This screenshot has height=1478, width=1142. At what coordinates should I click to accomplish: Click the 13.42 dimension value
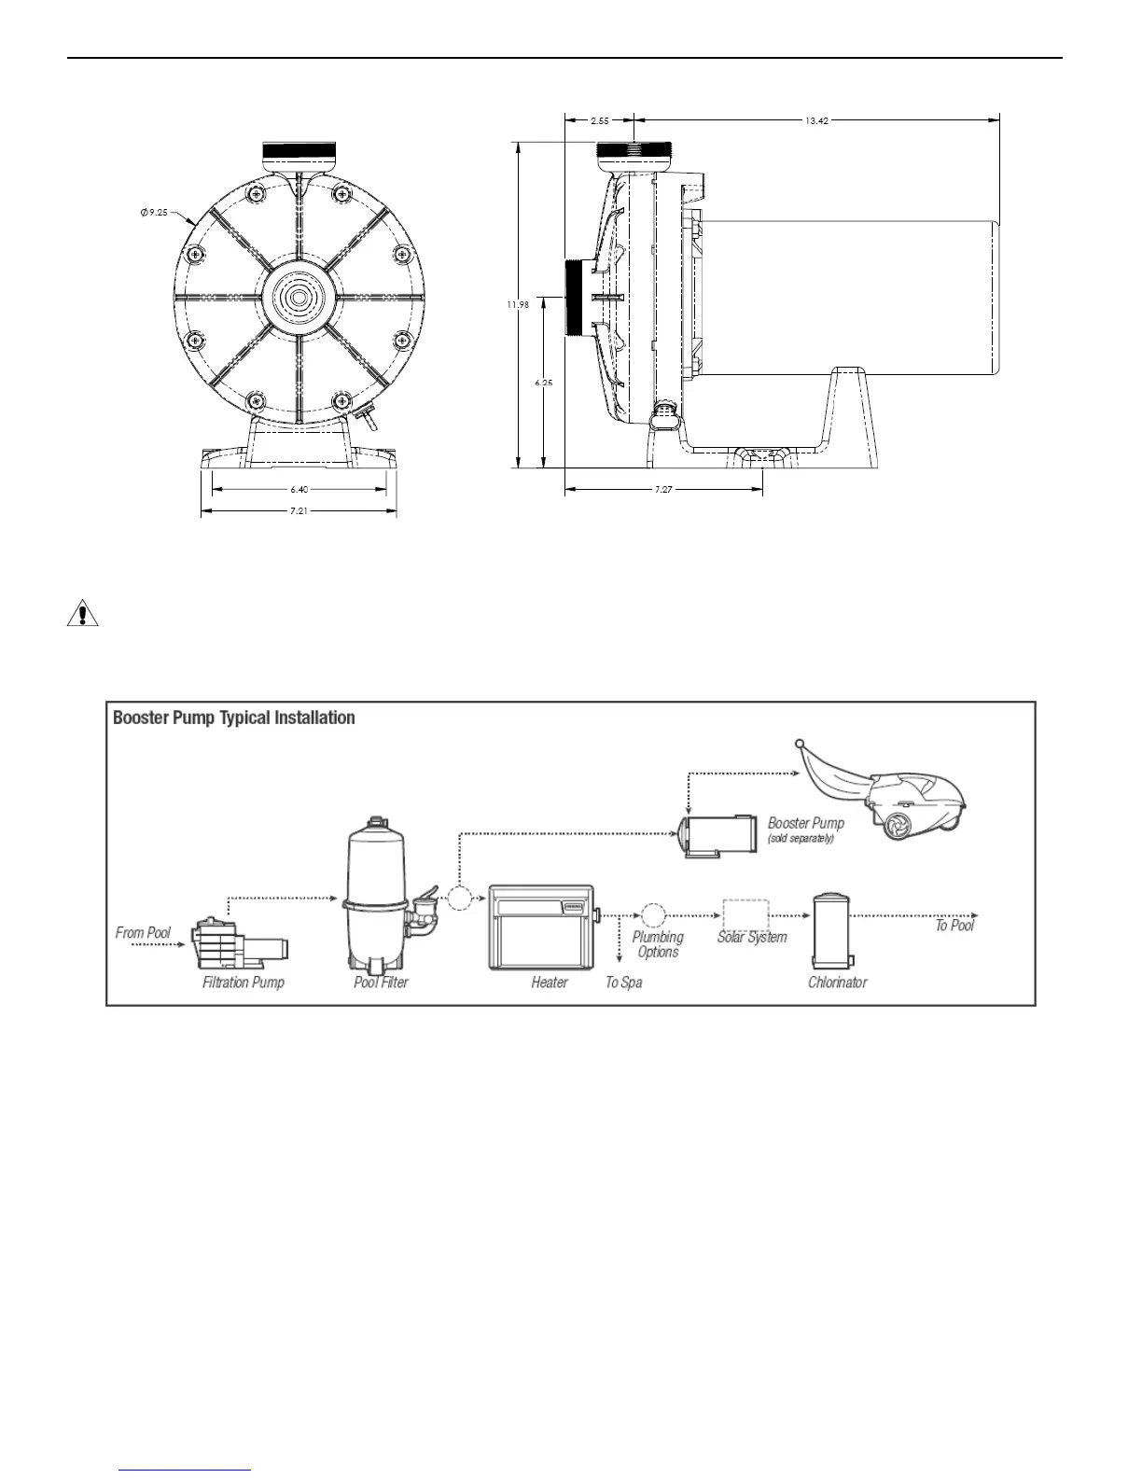[816, 120]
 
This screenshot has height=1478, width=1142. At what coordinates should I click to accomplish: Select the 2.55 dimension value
[600, 120]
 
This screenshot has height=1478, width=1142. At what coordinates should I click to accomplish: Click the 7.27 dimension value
[663, 489]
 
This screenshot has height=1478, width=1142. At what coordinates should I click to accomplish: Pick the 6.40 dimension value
[299, 488]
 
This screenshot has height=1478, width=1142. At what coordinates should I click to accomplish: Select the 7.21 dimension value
[299, 510]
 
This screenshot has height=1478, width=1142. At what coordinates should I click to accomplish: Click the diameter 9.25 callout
[154, 214]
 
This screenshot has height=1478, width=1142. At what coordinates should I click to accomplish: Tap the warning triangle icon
[83, 615]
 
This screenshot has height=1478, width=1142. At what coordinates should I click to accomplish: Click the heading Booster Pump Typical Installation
[234, 718]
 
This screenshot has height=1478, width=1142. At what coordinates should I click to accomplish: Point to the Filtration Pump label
[244, 983]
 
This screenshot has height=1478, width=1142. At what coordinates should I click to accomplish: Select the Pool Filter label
[381, 983]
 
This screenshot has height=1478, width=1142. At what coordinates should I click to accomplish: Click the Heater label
[550, 983]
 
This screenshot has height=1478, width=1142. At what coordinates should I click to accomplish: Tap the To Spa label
[623, 983]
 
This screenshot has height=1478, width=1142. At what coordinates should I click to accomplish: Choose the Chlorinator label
[837, 983]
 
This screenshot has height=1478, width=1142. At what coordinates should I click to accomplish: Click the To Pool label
[954, 926]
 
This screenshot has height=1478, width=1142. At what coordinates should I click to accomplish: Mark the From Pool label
[143, 933]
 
